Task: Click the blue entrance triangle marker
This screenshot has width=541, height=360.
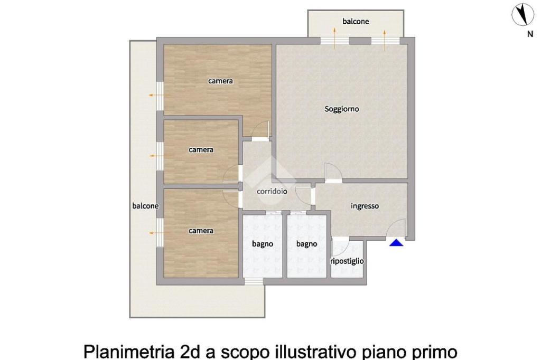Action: (x=396, y=243)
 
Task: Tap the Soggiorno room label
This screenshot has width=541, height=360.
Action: (x=342, y=109)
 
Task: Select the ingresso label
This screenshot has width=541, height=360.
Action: (x=365, y=206)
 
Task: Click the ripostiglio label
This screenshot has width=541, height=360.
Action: (x=347, y=261)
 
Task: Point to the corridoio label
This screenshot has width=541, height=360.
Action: (x=272, y=192)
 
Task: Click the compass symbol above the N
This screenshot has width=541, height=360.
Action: (x=523, y=14)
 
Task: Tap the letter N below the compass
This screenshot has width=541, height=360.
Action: (x=530, y=34)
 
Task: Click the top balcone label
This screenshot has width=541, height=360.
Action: (x=356, y=22)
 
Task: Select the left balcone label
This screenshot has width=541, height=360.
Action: (x=145, y=206)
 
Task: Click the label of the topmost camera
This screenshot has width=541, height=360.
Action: (x=220, y=81)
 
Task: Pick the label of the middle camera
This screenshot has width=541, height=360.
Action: (x=201, y=150)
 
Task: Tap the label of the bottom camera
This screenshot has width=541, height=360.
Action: (x=201, y=231)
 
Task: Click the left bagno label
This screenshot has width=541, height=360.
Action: (x=263, y=244)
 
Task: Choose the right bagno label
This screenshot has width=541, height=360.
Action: (x=307, y=244)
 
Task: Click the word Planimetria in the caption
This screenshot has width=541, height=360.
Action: (x=129, y=352)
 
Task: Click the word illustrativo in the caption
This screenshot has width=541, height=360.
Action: (x=316, y=352)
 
